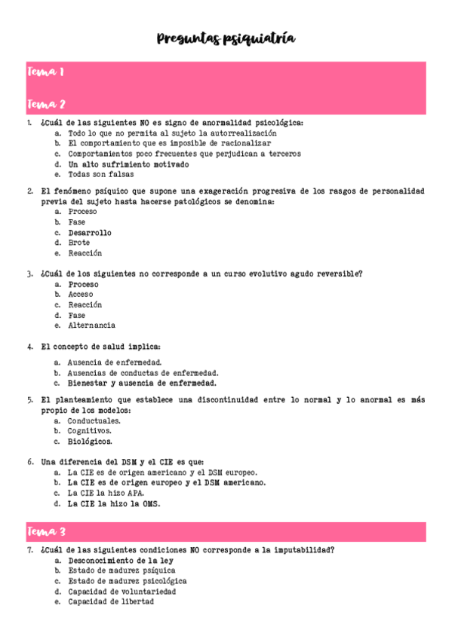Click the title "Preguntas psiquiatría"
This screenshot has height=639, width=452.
(226, 39)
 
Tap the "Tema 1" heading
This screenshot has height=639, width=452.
(45, 72)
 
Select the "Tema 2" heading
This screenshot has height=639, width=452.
(46, 104)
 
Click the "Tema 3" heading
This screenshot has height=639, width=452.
(46, 533)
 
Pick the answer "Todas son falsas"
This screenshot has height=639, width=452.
(96, 174)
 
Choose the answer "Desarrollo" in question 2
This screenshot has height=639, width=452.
(90, 233)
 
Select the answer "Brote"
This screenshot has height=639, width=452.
(79, 243)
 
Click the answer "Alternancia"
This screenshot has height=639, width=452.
(92, 326)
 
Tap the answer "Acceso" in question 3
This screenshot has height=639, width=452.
(81, 295)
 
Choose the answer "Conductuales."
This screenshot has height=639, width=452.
(94, 420)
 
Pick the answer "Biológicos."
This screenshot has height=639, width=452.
(91, 441)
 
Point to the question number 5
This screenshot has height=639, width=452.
(29, 400)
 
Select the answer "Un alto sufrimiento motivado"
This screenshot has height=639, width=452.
(128, 164)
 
